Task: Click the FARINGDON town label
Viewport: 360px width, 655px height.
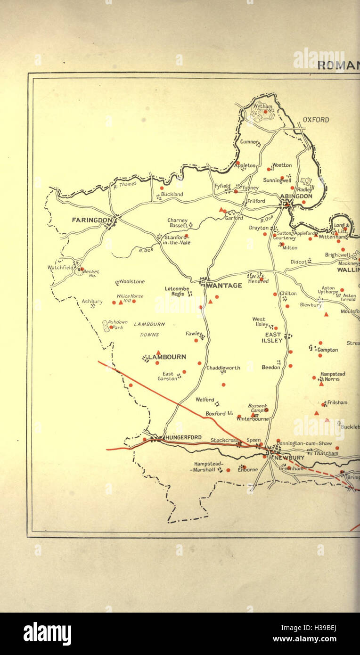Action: click(92, 220)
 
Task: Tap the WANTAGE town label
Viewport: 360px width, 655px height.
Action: click(224, 286)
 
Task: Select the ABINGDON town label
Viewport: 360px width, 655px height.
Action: click(296, 196)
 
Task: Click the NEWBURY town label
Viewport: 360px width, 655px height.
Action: click(290, 458)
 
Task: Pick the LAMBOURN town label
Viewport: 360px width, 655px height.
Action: click(167, 357)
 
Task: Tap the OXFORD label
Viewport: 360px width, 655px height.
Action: click(316, 120)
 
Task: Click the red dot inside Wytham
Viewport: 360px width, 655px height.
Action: click(265, 112)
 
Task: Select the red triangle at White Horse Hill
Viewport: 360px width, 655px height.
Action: click(121, 302)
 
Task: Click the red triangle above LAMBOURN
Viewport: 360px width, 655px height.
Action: click(158, 352)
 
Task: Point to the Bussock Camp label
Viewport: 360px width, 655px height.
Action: click(257, 408)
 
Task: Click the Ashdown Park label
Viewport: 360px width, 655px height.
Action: click(118, 325)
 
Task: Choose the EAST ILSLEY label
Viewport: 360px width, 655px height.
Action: click(273, 337)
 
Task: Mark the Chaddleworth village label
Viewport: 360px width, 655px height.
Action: click(223, 368)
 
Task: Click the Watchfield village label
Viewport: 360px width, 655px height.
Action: click(61, 267)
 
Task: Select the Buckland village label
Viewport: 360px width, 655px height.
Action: click(172, 194)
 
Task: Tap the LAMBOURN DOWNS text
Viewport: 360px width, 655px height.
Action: click(149, 329)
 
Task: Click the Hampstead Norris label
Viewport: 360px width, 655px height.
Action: click(333, 376)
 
